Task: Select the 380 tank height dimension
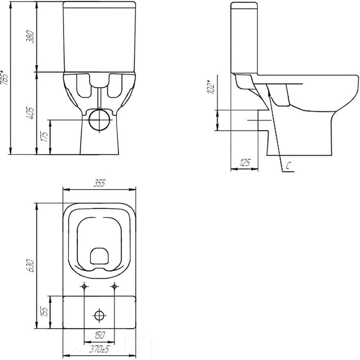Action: coord(30,36)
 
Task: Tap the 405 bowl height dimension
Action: coord(30,113)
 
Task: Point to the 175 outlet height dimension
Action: coord(44,136)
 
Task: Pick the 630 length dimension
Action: coord(30,266)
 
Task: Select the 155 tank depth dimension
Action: coord(44,311)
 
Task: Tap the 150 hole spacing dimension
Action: coord(99,335)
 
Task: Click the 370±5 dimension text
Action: coord(99,350)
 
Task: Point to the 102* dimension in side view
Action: coord(211,87)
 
